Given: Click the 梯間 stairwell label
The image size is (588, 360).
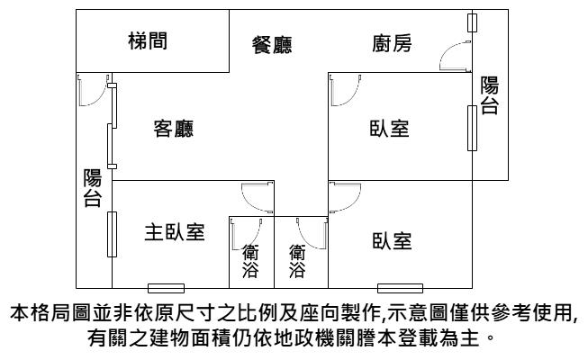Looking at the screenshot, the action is (x=148, y=40).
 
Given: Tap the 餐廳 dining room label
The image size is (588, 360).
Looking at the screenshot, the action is (x=272, y=45).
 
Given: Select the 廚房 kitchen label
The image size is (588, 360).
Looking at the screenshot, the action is (x=392, y=43).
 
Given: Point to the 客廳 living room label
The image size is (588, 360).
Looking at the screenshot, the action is (x=174, y=129).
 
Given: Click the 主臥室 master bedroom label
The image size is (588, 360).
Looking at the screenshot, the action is (x=175, y=232).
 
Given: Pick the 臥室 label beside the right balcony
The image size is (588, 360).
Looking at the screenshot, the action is (x=389, y=128).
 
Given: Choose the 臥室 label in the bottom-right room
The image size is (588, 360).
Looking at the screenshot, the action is (x=392, y=241).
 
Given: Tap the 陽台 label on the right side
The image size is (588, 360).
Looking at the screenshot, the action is (x=490, y=95).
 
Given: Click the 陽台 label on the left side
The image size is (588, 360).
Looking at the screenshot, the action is (x=92, y=188).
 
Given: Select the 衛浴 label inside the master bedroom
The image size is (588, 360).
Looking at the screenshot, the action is (x=250, y=261).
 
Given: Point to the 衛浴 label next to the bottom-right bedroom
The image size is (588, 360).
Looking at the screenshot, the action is (x=297, y=261).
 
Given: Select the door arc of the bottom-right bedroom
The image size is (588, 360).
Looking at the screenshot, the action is (x=353, y=203).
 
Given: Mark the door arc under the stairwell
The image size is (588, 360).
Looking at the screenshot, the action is (x=101, y=98).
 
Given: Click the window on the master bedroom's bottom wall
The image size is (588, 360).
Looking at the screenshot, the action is (x=166, y=288).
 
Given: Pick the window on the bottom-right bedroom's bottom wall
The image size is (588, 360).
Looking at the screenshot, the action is (x=400, y=288).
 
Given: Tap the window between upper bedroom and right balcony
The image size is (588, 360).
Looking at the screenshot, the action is (x=472, y=128).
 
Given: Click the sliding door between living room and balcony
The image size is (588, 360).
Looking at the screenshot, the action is (x=112, y=126).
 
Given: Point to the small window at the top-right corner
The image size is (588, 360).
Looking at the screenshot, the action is (x=472, y=22).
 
